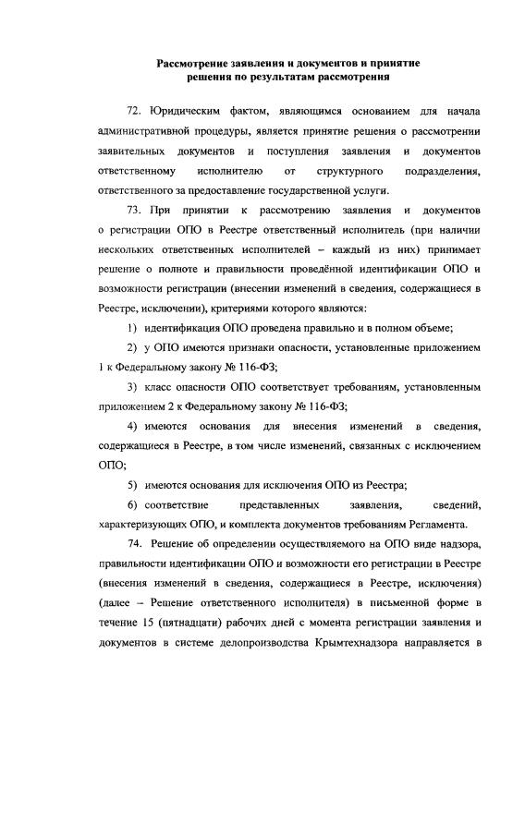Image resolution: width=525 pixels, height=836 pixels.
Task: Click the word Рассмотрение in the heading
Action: pyautogui.click(x=197, y=63)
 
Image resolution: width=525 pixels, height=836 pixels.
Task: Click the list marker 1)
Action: pyautogui.click(x=134, y=328)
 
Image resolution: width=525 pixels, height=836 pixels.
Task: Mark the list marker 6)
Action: pyautogui.click(x=134, y=505)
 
